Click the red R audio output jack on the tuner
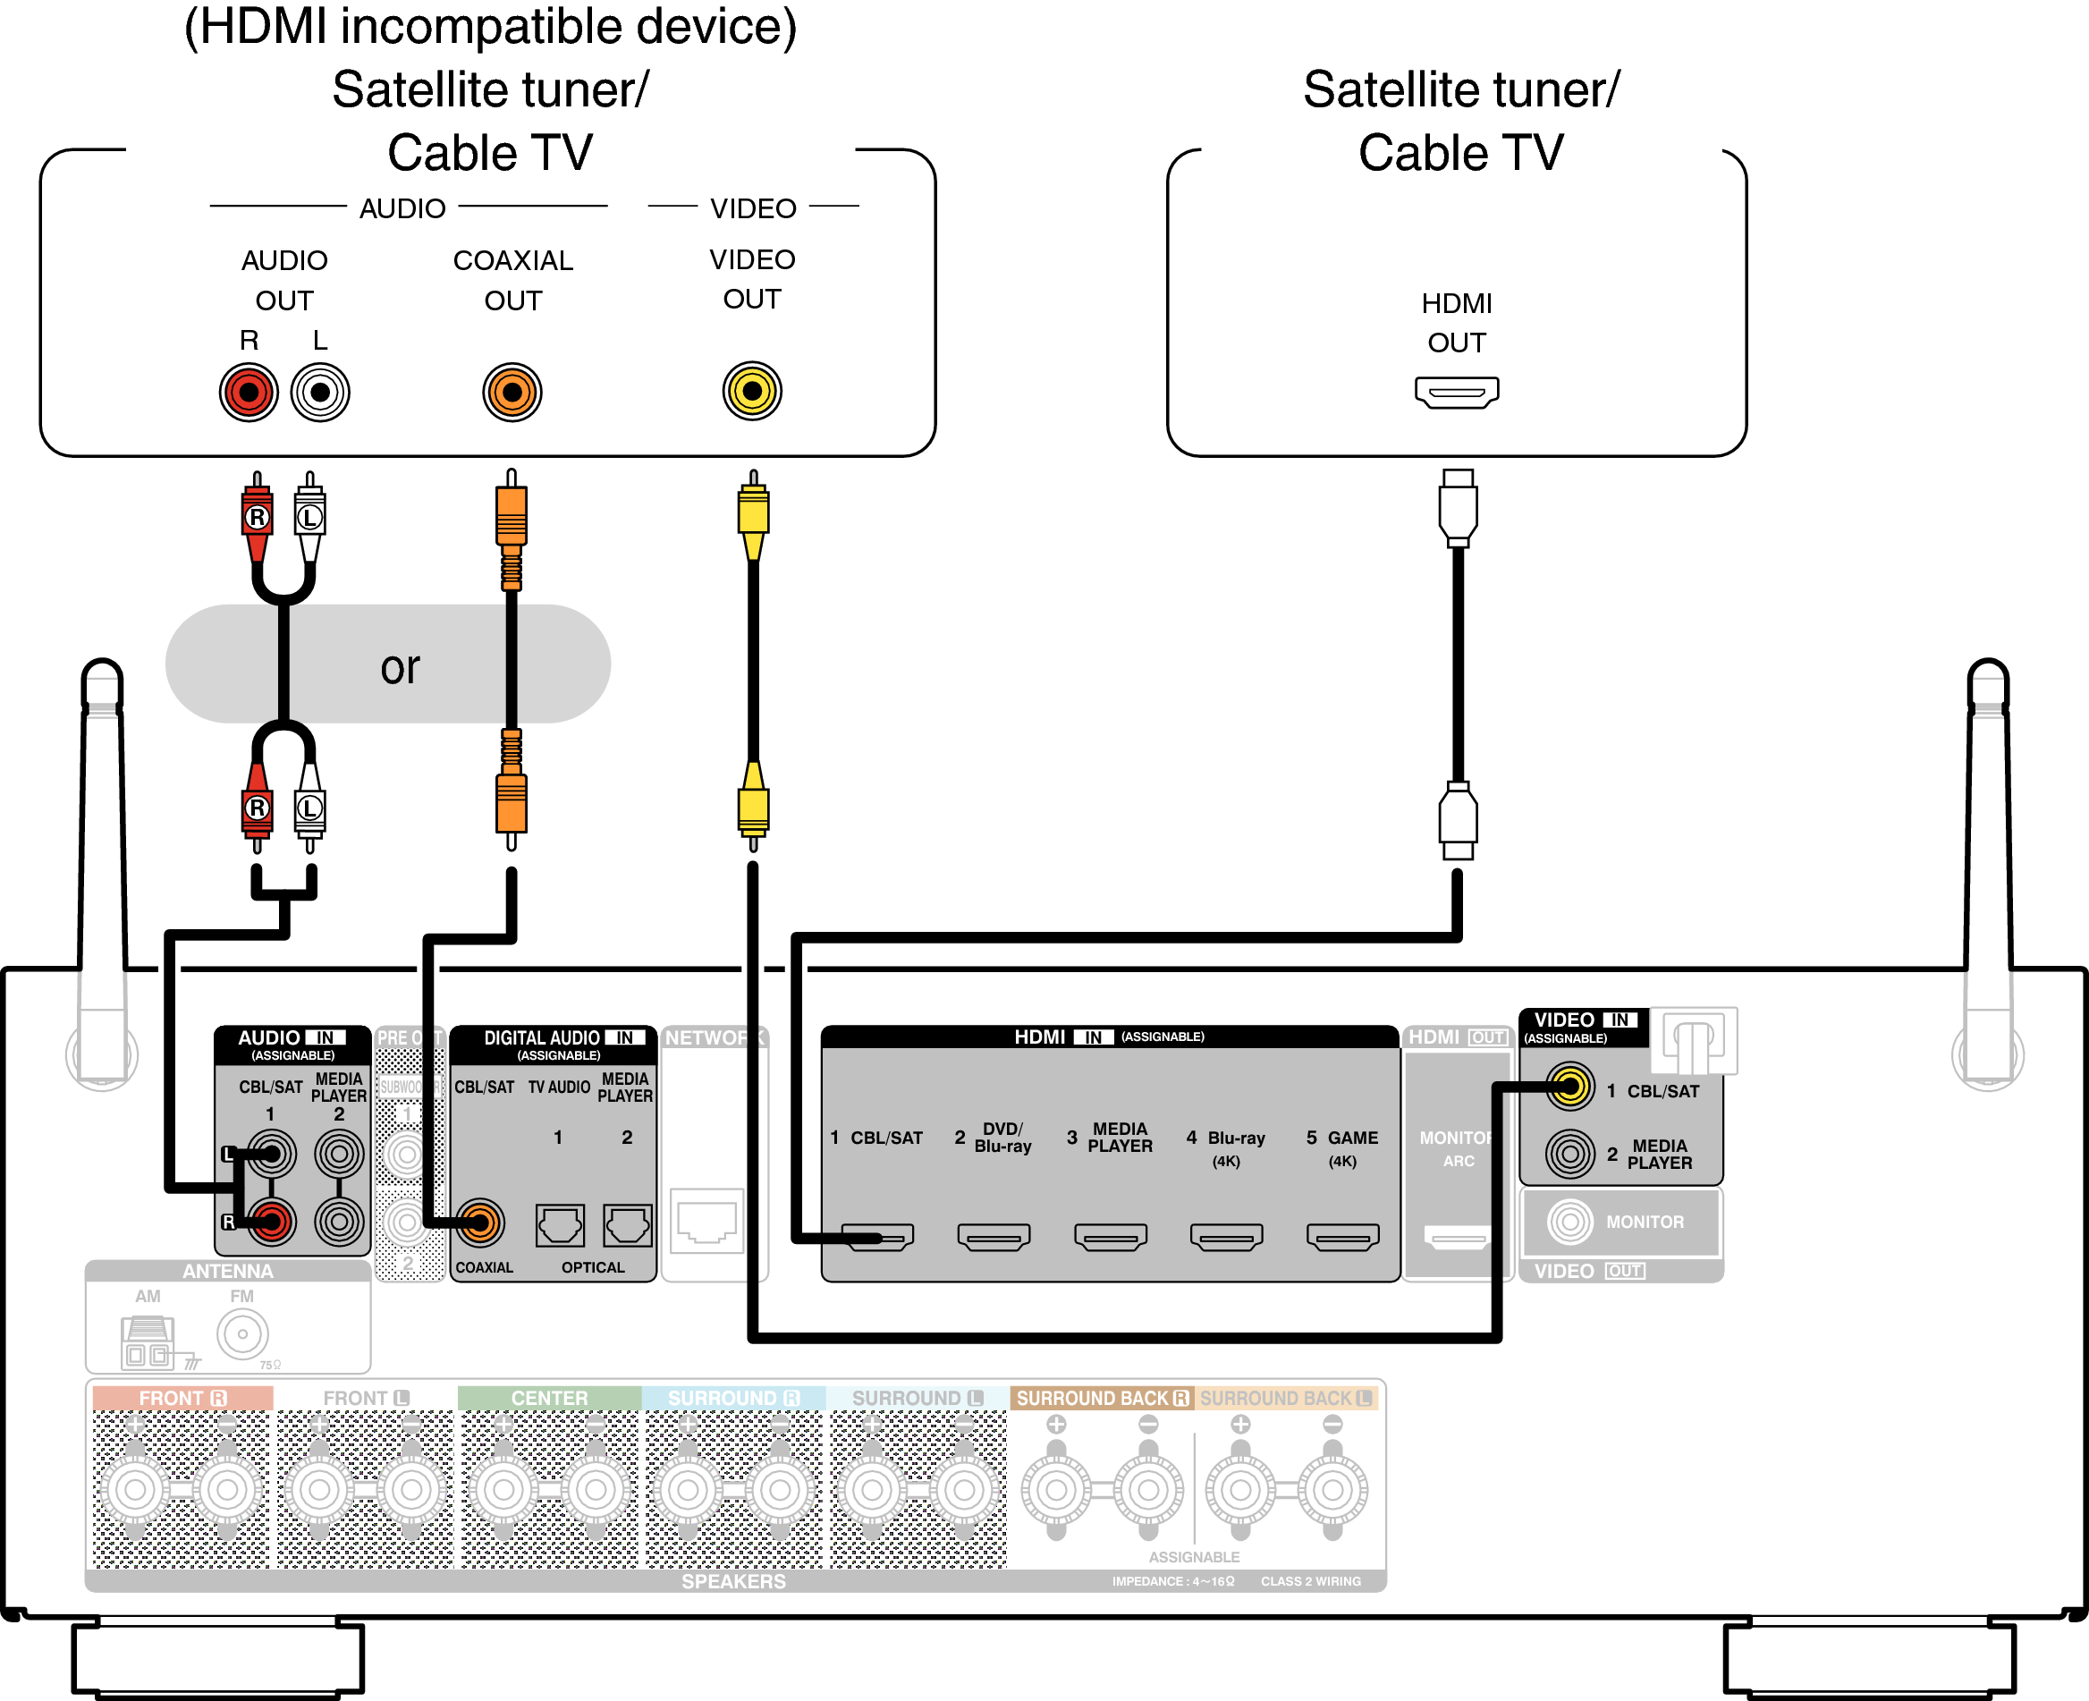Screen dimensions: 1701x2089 pos(249,393)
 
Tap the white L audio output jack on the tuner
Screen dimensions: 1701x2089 pos(320,393)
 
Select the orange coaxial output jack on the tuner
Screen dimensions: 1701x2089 pos(512,393)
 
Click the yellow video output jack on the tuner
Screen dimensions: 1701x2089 pos(751,391)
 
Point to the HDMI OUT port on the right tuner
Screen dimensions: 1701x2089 pos(1456,392)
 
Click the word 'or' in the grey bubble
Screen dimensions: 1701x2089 pos(400,668)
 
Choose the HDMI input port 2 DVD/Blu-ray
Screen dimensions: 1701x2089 pos(994,1238)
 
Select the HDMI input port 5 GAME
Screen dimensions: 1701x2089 pos(1342,1238)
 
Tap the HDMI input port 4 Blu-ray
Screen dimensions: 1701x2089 pos(1226,1238)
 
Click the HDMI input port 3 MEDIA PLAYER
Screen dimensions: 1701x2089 pos(1110,1238)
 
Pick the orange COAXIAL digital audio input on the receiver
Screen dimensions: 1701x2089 pos(479,1222)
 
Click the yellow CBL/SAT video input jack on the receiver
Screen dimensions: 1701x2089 pos(1569,1087)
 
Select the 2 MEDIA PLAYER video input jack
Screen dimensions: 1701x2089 pos(1569,1154)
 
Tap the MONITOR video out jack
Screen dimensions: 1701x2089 pos(1569,1222)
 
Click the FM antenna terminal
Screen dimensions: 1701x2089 pos(242,1333)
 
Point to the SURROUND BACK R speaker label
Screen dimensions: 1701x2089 pos(1102,1398)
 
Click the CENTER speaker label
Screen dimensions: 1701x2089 pos(549,1398)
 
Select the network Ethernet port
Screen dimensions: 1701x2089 pos(706,1221)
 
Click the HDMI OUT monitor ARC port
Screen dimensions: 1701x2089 pos(1457,1239)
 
